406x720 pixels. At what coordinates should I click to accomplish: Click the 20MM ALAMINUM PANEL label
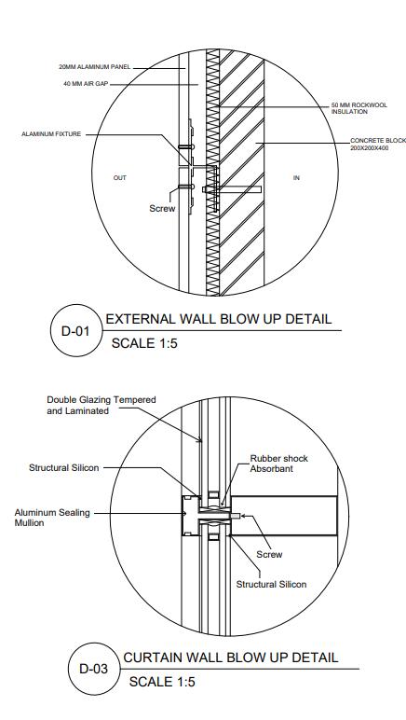(95, 67)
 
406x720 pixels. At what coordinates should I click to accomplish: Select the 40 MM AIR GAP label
(86, 84)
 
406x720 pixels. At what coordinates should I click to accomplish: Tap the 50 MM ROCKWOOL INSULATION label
(359, 108)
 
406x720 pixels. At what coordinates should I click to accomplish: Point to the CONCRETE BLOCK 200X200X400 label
(378, 145)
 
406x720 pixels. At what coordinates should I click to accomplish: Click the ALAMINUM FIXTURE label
(51, 134)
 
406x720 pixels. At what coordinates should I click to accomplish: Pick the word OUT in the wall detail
(119, 178)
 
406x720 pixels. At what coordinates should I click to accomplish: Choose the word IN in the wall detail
(296, 178)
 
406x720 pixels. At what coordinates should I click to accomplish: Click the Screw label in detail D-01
(162, 209)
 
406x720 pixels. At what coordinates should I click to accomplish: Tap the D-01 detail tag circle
(75, 330)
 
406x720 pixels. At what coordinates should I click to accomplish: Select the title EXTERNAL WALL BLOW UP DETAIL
(219, 319)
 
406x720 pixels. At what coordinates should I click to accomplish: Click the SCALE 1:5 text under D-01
(144, 343)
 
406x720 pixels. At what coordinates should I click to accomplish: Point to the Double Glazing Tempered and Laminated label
(101, 406)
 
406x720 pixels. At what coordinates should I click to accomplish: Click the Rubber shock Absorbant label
(278, 464)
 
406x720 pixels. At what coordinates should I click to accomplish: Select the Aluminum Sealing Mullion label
(52, 518)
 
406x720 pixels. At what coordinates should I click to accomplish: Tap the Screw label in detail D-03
(269, 555)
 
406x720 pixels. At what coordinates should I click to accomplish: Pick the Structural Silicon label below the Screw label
(271, 585)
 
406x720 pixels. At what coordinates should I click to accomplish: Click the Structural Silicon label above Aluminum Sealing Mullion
(63, 468)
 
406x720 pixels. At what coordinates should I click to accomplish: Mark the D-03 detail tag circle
(94, 669)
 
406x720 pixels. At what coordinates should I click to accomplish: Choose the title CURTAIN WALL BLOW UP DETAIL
(231, 658)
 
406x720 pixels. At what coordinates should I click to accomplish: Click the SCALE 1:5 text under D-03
(162, 682)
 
